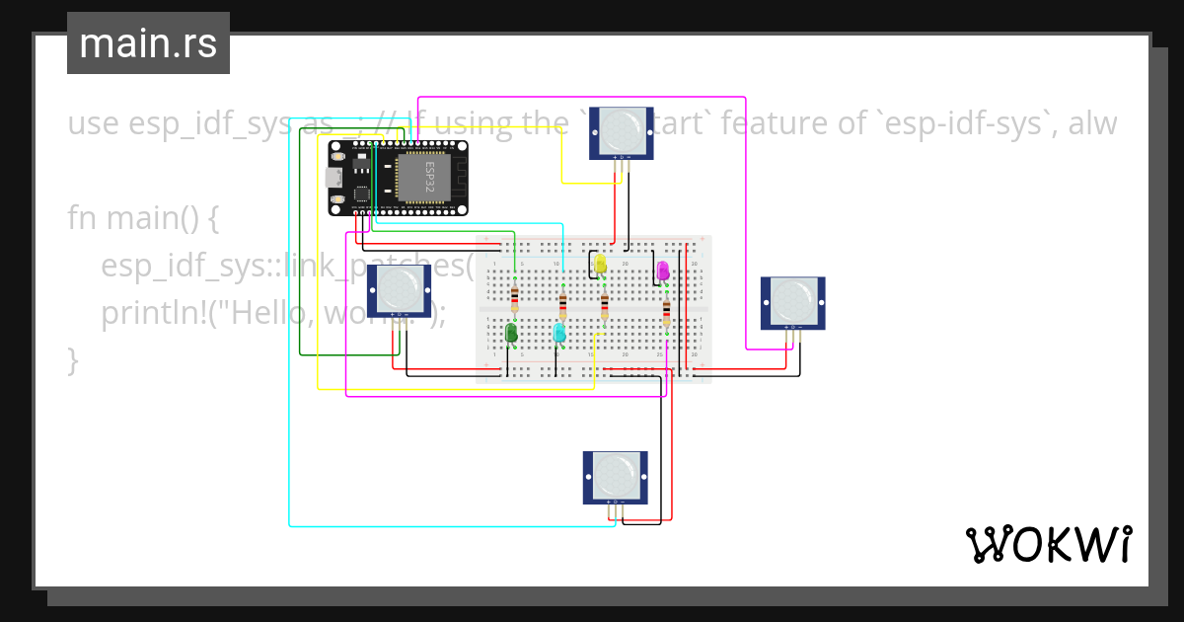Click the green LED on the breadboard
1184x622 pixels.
click(x=511, y=333)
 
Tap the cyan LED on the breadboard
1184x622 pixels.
click(x=559, y=333)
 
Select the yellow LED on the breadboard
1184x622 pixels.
click(x=600, y=264)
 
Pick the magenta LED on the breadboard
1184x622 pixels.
click(x=662, y=270)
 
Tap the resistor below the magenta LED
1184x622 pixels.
click(x=666, y=312)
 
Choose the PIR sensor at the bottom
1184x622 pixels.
click(x=615, y=476)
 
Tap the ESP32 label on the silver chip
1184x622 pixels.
click(x=429, y=177)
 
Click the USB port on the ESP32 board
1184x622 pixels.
click(x=333, y=178)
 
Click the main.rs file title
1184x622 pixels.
click(x=148, y=43)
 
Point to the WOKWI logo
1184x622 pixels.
click(x=1048, y=544)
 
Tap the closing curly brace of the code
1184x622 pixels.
click(x=72, y=359)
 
